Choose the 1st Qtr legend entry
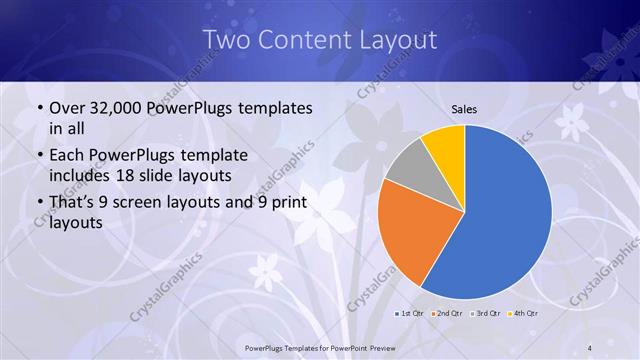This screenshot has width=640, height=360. pos(408,314)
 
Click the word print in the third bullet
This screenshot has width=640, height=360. pos(291,203)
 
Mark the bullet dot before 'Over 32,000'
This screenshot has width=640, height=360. pos(38,109)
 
